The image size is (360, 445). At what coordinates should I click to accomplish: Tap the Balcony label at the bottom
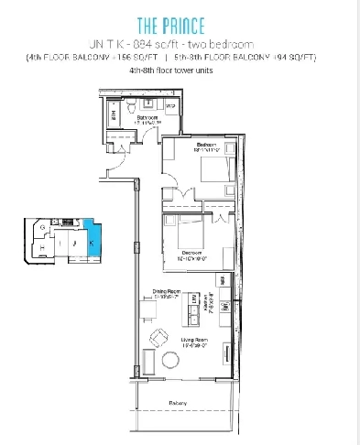coord(178,404)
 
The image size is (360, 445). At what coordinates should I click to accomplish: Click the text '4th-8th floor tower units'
coord(180,71)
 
